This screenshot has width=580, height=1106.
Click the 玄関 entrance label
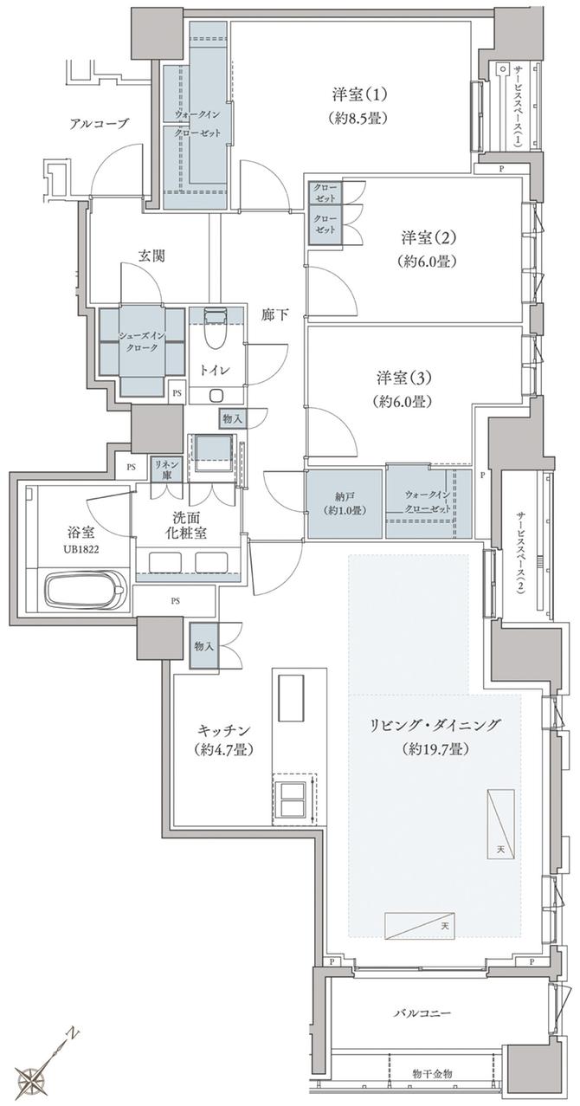tap(151, 255)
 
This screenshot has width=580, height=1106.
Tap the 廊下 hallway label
tap(275, 316)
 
